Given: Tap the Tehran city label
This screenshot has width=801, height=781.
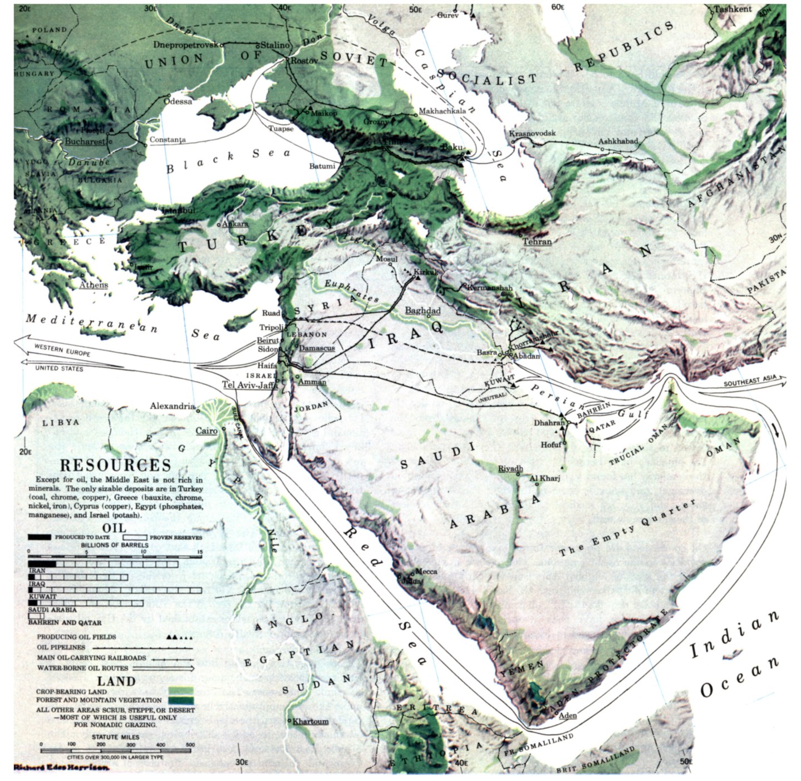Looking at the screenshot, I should pos(537,241).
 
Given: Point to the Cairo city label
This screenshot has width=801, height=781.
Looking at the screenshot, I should pos(206,431).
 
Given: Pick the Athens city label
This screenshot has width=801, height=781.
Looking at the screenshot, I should pos(94,285).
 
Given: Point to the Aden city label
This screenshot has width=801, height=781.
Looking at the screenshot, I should pos(568,715).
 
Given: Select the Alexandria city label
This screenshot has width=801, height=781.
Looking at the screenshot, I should pos(172,406).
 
